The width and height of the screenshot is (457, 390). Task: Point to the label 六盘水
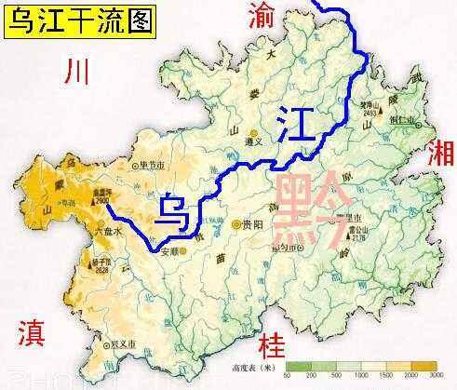(x=110, y=226)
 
